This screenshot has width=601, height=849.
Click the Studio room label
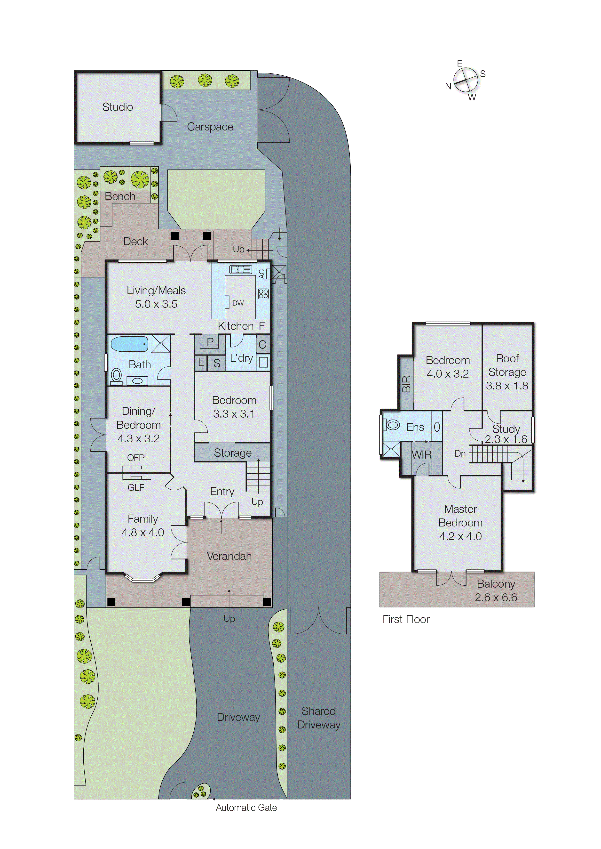coord(118,107)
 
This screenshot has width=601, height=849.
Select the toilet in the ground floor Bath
coord(116,375)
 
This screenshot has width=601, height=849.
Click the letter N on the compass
coord(448,87)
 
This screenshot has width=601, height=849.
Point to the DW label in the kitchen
coord(238,303)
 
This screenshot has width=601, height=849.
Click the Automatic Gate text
coord(246,808)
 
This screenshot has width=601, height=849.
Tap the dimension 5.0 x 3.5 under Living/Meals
coord(156,304)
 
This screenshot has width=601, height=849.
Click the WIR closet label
coord(421,455)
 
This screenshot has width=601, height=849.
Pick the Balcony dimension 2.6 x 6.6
coord(496,597)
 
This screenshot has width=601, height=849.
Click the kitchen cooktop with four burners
coord(263,294)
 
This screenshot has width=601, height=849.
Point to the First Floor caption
coord(406,619)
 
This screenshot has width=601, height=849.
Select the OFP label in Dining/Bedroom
coord(136,458)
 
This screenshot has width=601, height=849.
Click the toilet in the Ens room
coord(392,425)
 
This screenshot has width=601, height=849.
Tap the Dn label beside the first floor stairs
coord(460,453)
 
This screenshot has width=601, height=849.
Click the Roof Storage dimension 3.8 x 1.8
coord(507,386)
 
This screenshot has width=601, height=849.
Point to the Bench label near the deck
coord(120,197)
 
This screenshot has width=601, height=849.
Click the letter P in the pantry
coord(210,341)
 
